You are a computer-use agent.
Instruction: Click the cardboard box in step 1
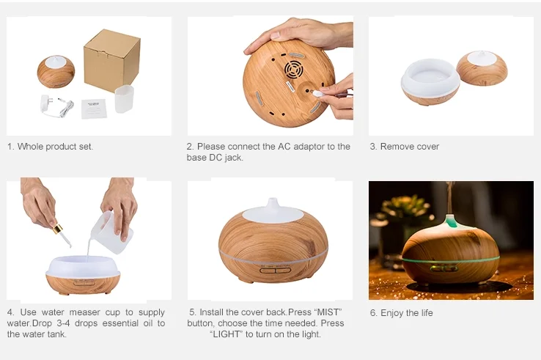point(111,60)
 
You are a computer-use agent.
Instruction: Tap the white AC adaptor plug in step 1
point(45,103)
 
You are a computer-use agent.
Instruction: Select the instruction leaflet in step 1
point(94,109)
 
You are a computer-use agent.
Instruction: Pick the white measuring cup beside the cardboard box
point(124,99)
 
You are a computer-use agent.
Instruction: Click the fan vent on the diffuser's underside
point(294,70)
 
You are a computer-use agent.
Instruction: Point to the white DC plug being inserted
point(317,93)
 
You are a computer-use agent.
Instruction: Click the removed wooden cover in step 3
point(482,68)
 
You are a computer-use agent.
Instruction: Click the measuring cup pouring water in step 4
point(111,232)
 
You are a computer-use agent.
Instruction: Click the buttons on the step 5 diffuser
point(276,271)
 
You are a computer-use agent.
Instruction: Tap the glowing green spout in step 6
point(451,221)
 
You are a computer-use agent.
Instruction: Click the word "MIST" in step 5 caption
point(328,312)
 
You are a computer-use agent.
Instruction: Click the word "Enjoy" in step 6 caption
point(391,313)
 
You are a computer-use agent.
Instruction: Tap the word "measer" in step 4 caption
point(84,312)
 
